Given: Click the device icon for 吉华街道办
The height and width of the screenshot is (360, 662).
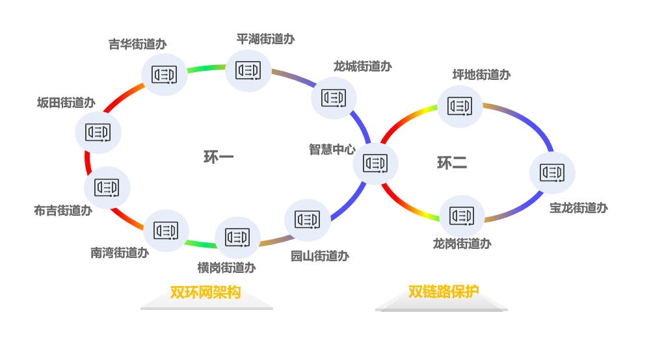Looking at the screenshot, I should coord(165,74).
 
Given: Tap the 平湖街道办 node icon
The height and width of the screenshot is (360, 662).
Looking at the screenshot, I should coord(248,70).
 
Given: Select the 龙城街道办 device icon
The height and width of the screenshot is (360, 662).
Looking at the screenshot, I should coord(334,98).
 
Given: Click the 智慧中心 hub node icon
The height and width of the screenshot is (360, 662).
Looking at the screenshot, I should coord(375,163).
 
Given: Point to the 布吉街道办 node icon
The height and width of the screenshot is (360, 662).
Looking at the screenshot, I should coord(107,188).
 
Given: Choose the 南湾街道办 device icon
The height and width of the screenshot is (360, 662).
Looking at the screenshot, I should coord(166,230).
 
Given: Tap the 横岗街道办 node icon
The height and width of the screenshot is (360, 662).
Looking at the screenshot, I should coord(237,237).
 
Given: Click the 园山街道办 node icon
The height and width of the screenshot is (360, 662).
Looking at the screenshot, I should coord(307,220).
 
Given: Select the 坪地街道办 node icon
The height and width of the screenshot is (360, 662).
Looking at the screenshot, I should coord(460,107).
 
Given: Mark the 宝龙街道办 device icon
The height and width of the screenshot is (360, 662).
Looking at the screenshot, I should coord(552,173).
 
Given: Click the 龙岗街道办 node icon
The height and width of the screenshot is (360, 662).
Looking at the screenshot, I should coord(462,216).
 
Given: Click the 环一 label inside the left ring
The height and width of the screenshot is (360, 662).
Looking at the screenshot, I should coord(218,157).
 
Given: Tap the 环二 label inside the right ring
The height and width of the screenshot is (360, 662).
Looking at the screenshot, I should coord(452,162).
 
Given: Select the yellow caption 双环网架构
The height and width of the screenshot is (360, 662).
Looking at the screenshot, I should coord(205,292).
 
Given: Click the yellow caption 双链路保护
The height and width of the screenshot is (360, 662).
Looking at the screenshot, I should coord(444,292).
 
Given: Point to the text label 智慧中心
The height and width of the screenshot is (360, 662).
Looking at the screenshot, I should coord(332,149).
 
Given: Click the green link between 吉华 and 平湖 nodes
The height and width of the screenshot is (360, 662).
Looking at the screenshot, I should coord(206,68).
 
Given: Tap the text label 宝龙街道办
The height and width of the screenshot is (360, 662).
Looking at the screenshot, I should coord(579,208).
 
